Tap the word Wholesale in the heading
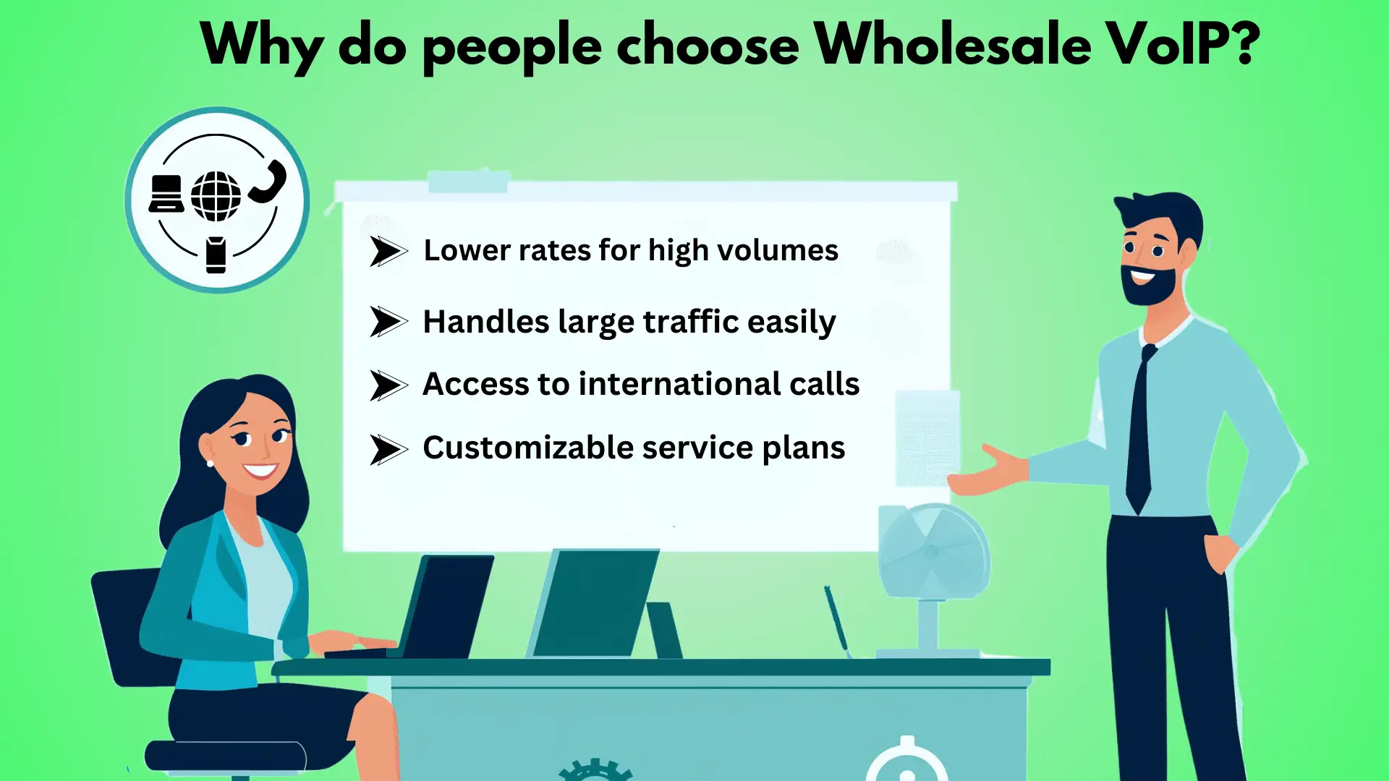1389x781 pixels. click(x=953, y=44)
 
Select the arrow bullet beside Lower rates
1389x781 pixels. click(x=388, y=252)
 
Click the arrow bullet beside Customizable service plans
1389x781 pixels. click(x=388, y=449)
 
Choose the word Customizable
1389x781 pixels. click(x=528, y=447)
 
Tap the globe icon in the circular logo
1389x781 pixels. click(x=216, y=196)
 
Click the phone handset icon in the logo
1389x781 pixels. click(x=268, y=182)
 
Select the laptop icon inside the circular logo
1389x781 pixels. click(x=166, y=193)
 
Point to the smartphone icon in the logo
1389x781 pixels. click(x=216, y=255)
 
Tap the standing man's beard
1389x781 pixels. click(x=1150, y=284)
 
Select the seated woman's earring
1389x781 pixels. click(x=211, y=463)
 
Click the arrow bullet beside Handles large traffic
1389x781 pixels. click(x=388, y=322)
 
